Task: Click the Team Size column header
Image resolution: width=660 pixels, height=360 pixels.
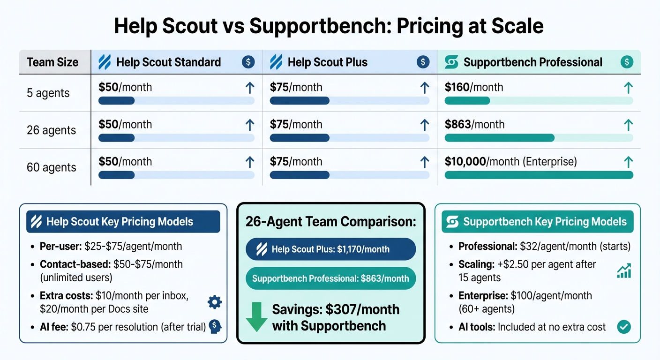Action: [x=52, y=62]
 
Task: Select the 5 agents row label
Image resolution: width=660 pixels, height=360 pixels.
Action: [x=48, y=93]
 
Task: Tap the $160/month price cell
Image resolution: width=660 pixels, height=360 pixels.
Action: [x=473, y=87]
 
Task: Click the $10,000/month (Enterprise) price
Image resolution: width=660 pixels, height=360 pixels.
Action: [x=510, y=162]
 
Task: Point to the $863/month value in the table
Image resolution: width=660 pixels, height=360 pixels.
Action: [x=474, y=124]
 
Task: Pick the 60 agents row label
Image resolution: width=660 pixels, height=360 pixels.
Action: [x=51, y=167]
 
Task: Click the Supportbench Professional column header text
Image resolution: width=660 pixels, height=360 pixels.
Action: [x=532, y=62]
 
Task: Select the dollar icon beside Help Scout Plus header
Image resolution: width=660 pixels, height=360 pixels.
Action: [x=422, y=62]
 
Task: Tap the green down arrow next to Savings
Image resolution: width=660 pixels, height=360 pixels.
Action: [x=256, y=317]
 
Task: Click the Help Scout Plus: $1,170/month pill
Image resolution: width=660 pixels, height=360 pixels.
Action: [x=330, y=249]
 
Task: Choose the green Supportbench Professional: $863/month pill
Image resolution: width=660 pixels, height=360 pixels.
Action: [x=330, y=278]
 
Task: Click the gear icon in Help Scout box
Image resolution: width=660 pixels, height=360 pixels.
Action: [x=214, y=302]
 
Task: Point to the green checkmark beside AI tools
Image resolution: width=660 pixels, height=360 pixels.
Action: [x=623, y=327]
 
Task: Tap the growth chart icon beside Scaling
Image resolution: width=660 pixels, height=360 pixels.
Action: [x=623, y=270]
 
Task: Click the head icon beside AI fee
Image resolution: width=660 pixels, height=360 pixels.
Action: [x=215, y=326]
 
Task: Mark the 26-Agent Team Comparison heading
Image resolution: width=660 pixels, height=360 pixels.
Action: [x=330, y=222]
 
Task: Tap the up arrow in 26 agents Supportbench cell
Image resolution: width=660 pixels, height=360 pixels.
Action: [x=628, y=125]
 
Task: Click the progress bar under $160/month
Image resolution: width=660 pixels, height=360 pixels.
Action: [x=538, y=100]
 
